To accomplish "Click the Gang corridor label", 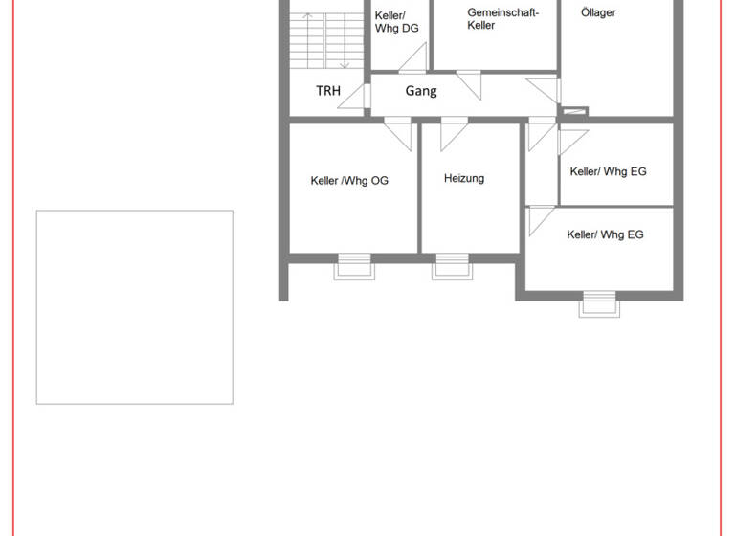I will click(x=421, y=91).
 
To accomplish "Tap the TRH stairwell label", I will click(x=328, y=92).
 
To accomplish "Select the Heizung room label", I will click(x=464, y=178).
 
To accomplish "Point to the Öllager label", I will click(x=598, y=12).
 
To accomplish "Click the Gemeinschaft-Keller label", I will click(x=502, y=19).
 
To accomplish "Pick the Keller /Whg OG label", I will click(x=349, y=180).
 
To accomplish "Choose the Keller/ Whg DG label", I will click(x=396, y=22).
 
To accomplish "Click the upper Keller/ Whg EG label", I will click(x=608, y=171).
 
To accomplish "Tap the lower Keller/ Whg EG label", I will click(x=605, y=234).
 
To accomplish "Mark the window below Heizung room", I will click(x=454, y=267).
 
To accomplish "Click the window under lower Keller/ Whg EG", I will click(x=600, y=305).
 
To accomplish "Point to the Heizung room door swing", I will click(x=453, y=135).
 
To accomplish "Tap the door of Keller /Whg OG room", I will click(x=398, y=133).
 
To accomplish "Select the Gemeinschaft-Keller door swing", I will click(x=469, y=84).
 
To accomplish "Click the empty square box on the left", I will click(x=135, y=307).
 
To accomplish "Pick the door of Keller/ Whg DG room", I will click(x=412, y=57).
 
